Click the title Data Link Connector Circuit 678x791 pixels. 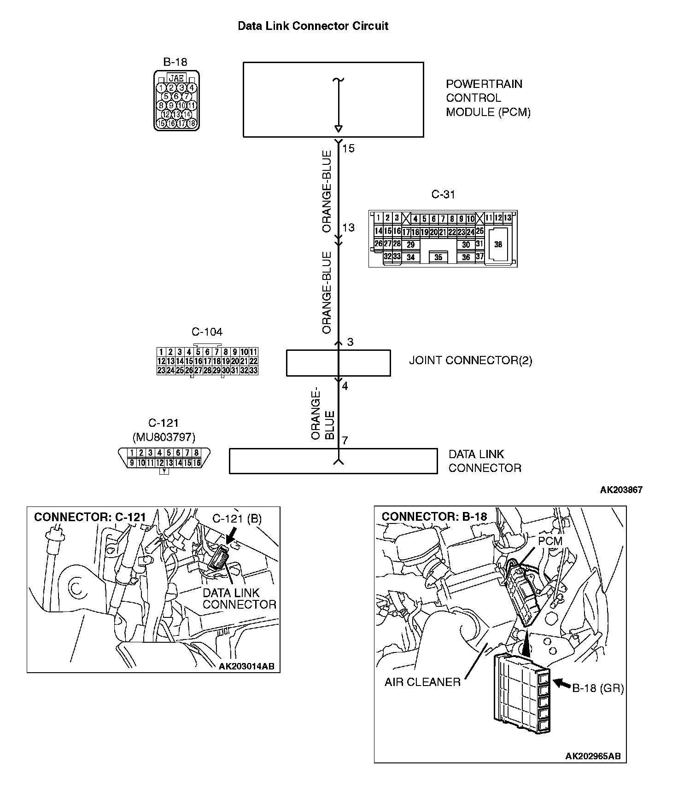point(313,26)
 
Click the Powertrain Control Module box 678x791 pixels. point(333,99)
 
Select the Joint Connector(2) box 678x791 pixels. point(338,363)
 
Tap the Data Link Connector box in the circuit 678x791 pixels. point(333,461)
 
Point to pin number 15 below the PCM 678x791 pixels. point(349,148)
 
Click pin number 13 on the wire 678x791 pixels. point(349,227)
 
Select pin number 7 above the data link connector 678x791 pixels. point(345,441)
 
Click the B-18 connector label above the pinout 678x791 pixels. point(175,62)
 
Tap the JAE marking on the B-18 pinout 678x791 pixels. point(176,78)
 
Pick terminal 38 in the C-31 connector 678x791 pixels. point(498,244)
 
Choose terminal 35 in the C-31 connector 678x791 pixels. point(438,257)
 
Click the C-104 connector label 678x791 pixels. point(207,332)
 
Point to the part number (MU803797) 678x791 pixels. point(164,436)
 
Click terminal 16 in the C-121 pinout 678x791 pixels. point(197,463)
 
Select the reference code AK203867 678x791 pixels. point(621,490)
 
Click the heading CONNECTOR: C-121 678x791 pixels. point(90,517)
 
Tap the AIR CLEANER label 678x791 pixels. point(422,682)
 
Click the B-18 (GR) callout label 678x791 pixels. point(598,688)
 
